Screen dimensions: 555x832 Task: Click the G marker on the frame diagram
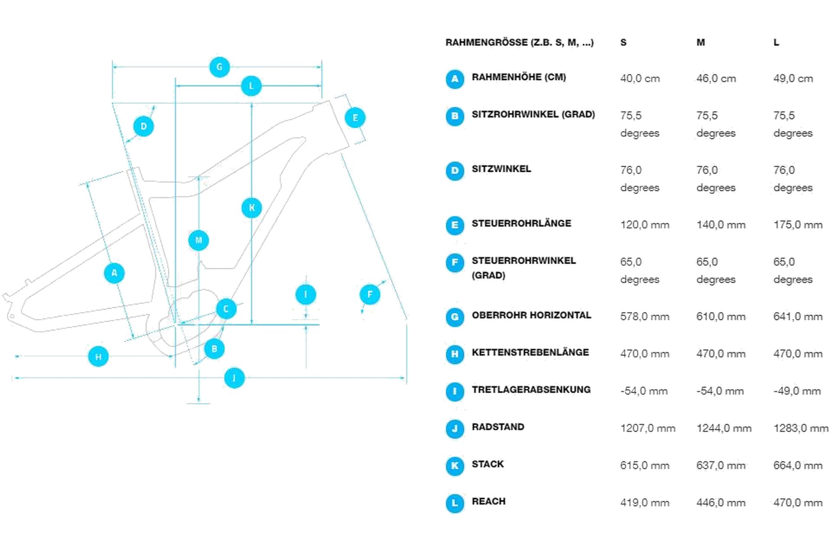pos(219,67)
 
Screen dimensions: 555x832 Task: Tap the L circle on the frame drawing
pos(251,86)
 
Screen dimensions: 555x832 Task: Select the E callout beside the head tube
pos(355,118)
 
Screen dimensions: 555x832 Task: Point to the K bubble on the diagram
pos(252,208)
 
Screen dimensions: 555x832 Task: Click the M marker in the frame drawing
pos(198,240)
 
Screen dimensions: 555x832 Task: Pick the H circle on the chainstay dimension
pos(98,356)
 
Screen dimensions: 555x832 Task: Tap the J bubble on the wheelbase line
pos(234,378)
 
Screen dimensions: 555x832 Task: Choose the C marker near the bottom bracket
pos(226,309)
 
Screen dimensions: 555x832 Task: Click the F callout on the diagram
pos(370,294)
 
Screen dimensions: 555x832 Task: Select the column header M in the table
pos(701,42)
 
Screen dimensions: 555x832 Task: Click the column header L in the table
pos(776,42)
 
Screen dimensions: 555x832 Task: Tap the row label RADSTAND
pos(498,427)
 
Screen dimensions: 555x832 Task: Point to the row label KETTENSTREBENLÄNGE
pos(530,353)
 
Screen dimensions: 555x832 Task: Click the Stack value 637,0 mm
pos(721,466)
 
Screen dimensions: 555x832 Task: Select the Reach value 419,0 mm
pos(644,503)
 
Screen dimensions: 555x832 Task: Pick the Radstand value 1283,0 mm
pos(801,428)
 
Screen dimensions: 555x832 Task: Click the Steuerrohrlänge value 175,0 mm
pos(798,225)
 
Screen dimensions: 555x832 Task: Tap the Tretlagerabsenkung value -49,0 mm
pos(797,391)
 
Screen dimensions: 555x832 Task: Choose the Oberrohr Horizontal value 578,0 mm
pos(644,317)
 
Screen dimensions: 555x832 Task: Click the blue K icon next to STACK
pos(455,466)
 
